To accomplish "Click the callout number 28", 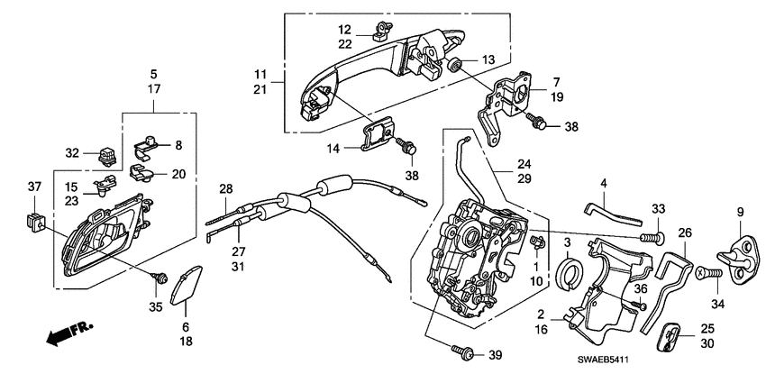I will click(x=225, y=188).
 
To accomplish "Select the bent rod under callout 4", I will click(x=615, y=213).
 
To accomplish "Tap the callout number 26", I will click(x=684, y=233).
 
